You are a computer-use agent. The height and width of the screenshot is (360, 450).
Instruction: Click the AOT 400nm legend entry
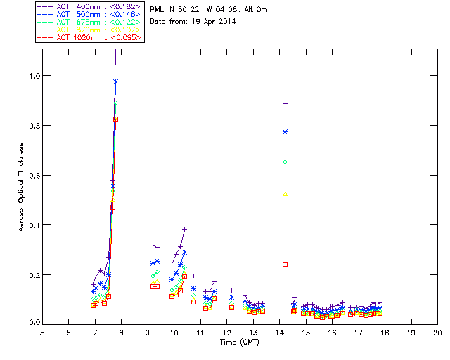click(x=89, y=6)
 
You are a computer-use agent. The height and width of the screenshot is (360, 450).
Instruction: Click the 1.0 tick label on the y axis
click(x=34, y=76)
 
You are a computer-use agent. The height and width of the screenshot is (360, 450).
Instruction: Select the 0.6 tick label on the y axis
click(x=34, y=175)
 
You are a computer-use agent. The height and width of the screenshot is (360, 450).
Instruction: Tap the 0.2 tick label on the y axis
click(x=34, y=274)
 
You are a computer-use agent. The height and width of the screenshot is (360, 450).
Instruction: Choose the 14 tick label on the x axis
click(x=279, y=332)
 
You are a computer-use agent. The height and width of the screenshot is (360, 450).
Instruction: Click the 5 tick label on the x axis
click(x=42, y=332)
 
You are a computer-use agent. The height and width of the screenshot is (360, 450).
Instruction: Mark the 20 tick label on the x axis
click(x=437, y=332)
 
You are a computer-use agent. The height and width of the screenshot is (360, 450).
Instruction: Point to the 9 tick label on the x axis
click(x=148, y=332)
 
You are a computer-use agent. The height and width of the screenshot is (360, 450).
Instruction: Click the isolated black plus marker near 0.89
click(x=285, y=103)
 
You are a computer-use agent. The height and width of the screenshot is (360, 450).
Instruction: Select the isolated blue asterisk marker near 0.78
click(x=285, y=131)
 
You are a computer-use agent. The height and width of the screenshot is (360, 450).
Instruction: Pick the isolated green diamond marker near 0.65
click(x=285, y=162)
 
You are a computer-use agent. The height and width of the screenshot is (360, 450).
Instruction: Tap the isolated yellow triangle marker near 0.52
click(x=285, y=194)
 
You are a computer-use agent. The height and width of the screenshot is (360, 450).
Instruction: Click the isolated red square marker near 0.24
click(x=285, y=264)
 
